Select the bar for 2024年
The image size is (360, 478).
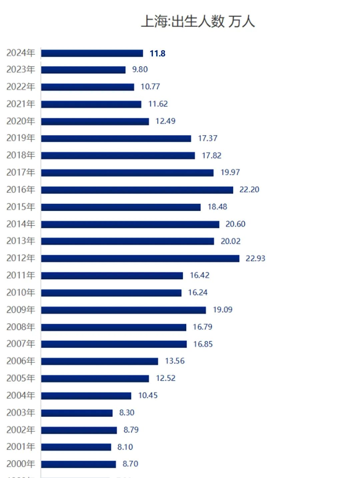92,53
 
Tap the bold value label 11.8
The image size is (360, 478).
158,53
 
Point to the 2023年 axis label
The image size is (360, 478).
21,69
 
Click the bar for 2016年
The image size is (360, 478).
137,190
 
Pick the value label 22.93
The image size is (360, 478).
255,258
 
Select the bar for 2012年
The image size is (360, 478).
140,259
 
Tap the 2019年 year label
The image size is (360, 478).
21,138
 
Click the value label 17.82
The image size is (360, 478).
211,155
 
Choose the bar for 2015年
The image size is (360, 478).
121,207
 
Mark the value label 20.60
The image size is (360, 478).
235,224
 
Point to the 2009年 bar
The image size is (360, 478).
123,310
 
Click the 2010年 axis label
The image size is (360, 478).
21,293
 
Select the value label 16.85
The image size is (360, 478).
203,344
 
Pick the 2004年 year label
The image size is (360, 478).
21,395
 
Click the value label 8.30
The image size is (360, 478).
127,413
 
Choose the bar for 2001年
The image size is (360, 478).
76,447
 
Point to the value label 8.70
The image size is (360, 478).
130,464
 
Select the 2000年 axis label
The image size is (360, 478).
21,464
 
